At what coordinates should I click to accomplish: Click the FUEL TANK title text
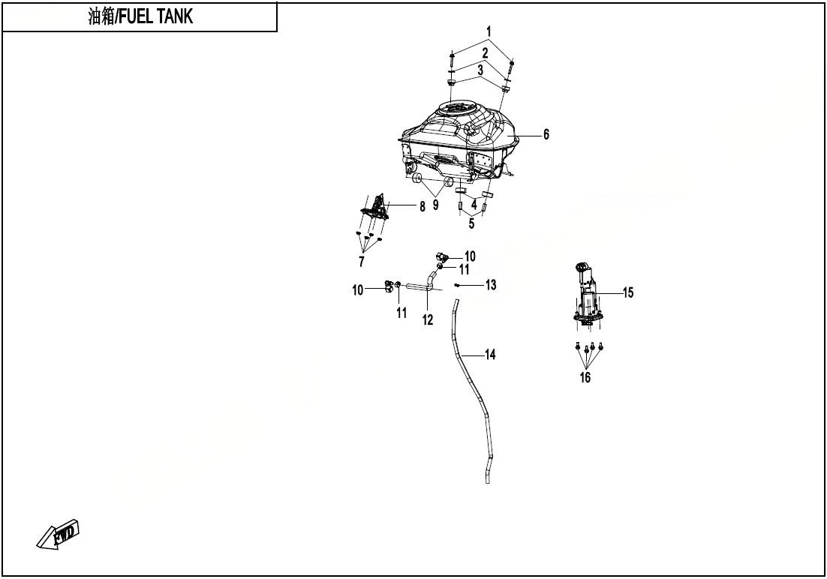[x=140, y=16]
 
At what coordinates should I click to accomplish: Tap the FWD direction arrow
[x=58, y=535]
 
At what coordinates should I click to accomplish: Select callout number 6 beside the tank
[x=546, y=134]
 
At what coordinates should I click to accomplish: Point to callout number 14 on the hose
[x=491, y=354]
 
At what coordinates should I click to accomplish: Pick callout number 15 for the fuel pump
[x=627, y=292]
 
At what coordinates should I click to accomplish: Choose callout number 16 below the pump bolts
[x=585, y=377]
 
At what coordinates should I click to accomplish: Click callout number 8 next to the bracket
[x=423, y=207]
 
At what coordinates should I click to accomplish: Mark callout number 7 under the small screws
[x=361, y=262]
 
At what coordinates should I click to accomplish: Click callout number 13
[x=491, y=285]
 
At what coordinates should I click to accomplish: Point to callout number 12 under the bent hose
[x=427, y=319]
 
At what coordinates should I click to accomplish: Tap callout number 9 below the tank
[x=436, y=205]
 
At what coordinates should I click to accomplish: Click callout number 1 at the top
[x=489, y=31]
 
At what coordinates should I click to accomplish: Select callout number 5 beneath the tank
[x=471, y=223]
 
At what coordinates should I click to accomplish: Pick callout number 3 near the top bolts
[x=480, y=70]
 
